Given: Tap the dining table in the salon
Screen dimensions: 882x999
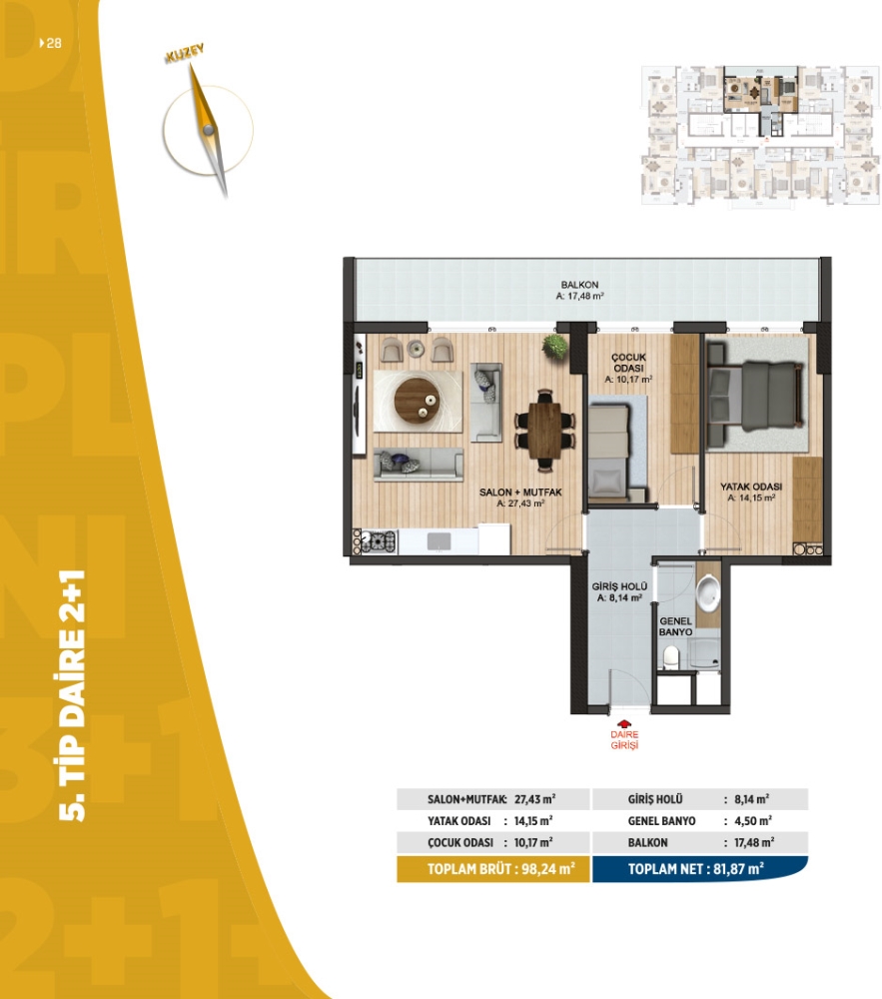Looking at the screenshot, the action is [543, 430].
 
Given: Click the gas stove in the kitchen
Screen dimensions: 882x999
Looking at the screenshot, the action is [379, 541].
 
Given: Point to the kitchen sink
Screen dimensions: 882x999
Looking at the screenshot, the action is [439, 541].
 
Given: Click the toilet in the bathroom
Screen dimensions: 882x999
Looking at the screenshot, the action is [671, 657].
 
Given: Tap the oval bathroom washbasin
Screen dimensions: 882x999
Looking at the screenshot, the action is [707, 591].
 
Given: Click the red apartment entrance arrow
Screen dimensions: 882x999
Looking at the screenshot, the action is [624, 724].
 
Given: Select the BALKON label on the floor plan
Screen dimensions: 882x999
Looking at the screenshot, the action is [579, 285].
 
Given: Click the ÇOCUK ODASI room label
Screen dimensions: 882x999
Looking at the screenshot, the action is [628, 363].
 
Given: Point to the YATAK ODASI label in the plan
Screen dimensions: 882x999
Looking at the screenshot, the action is [751, 487].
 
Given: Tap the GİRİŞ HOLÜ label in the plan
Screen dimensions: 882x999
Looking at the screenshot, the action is [619, 586].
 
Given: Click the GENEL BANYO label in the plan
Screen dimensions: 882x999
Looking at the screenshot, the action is [675, 626].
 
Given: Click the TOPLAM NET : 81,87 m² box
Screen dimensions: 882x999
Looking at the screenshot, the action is [699, 869].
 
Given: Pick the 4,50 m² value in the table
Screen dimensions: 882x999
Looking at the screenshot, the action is [753, 820].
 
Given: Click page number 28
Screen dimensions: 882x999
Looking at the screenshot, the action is [54, 43].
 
